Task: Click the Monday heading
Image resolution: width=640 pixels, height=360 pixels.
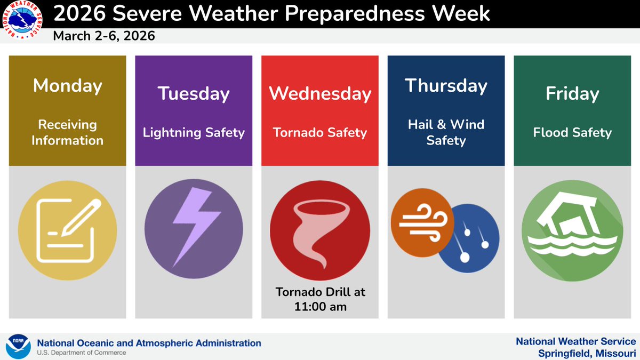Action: [x=67, y=85]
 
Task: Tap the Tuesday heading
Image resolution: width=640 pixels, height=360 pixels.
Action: [x=194, y=94]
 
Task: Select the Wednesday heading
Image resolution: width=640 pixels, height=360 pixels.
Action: [x=320, y=94]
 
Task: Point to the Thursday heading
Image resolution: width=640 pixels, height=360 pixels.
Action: [x=446, y=85]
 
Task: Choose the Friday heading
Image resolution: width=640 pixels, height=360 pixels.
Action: [x=572, y=94]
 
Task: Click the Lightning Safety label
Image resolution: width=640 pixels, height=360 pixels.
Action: [x=194, y=132]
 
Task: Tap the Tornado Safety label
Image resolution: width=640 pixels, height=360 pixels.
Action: [x=320, y=132]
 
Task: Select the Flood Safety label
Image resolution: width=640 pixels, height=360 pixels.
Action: [x=572, y=132]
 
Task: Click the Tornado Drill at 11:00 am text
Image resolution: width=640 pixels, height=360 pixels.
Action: [x=320, y=299]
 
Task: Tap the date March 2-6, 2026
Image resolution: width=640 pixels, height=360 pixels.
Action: [x=104, y=36]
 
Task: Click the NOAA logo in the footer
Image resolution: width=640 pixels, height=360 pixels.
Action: [x=18, y=346]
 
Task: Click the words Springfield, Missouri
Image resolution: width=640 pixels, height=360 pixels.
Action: [x=587, y=354]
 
